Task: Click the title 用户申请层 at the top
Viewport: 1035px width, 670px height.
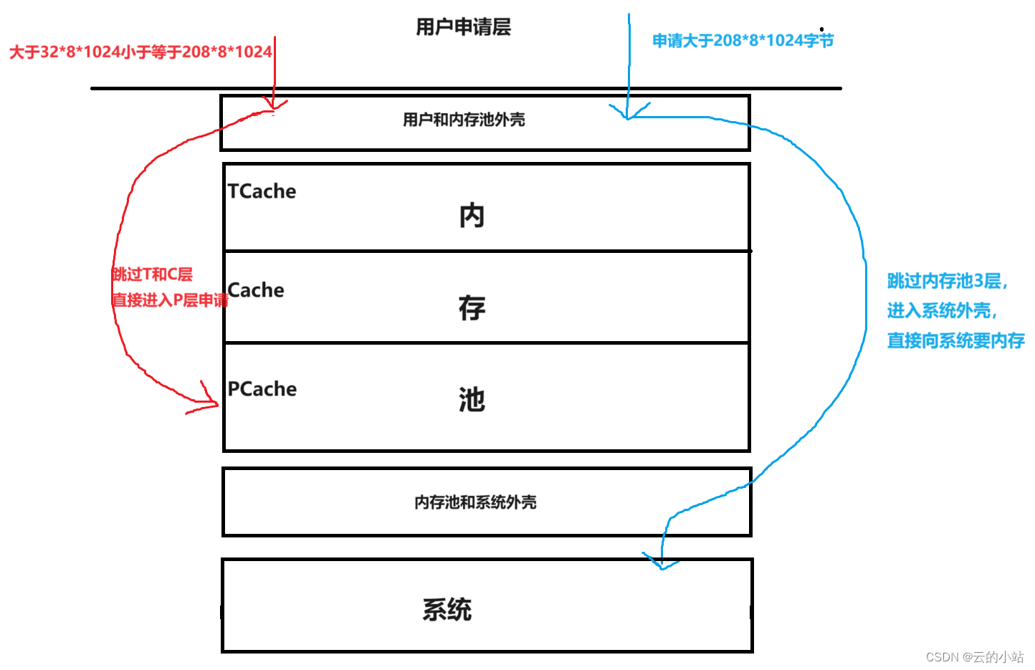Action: click(463, 27)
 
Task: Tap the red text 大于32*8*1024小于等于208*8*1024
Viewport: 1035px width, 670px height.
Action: click(140, 52)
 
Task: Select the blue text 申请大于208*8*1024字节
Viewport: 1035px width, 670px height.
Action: click(743, 41)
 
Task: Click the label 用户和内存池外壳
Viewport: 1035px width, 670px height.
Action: click(464, 120)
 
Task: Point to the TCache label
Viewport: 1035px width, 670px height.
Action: click(262, 191)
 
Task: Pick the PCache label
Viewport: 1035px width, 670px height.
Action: click(262, 389)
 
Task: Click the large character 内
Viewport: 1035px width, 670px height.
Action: click(472, 216)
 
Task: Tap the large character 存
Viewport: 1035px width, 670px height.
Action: click(472, 308)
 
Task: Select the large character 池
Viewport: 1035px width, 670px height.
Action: click(472, 400)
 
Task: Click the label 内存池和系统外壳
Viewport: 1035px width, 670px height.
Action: click(475, 502)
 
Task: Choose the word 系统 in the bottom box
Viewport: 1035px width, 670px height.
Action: click(447, 610)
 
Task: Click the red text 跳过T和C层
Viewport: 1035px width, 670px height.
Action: click(152, 274)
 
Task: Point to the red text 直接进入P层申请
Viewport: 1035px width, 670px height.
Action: click(170, 300)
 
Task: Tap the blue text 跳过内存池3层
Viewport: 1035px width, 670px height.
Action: click(947, 281)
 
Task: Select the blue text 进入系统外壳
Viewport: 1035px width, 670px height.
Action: click(942, 311)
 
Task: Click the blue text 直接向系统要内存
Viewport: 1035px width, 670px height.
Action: click(955, 341)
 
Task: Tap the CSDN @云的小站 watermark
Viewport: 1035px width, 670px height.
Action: click(975, 657)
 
